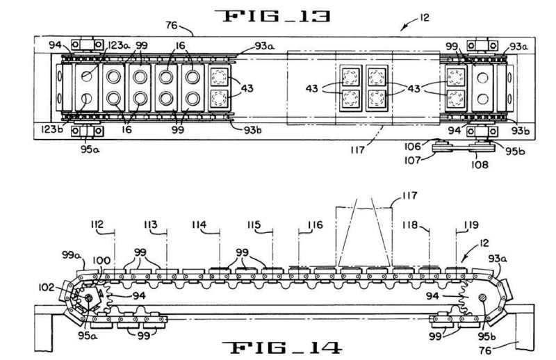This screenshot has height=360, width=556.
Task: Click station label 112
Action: pyautogui.click(x=97, y=224)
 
